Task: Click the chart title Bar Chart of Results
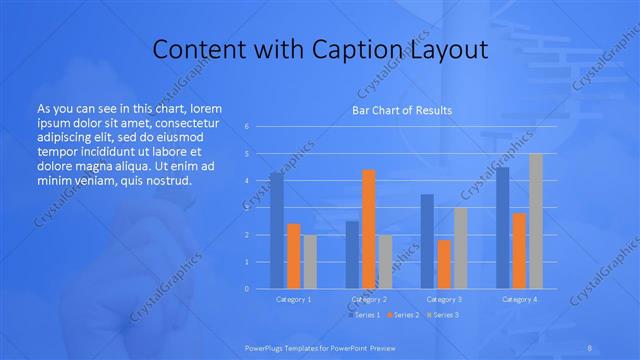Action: point(400,110)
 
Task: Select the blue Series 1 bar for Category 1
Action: point(277,230)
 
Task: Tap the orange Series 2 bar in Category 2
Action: point(369,229)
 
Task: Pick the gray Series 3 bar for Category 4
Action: point(535,221)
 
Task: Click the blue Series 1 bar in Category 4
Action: point(502,228)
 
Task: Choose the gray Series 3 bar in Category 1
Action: point(310,261)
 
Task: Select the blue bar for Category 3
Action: point(427,241)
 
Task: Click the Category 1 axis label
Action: point(293,299)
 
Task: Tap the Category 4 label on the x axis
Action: point(519,299)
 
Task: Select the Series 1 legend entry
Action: point(364,315)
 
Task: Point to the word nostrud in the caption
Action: point(165,181)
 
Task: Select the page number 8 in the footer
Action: point(590,347)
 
